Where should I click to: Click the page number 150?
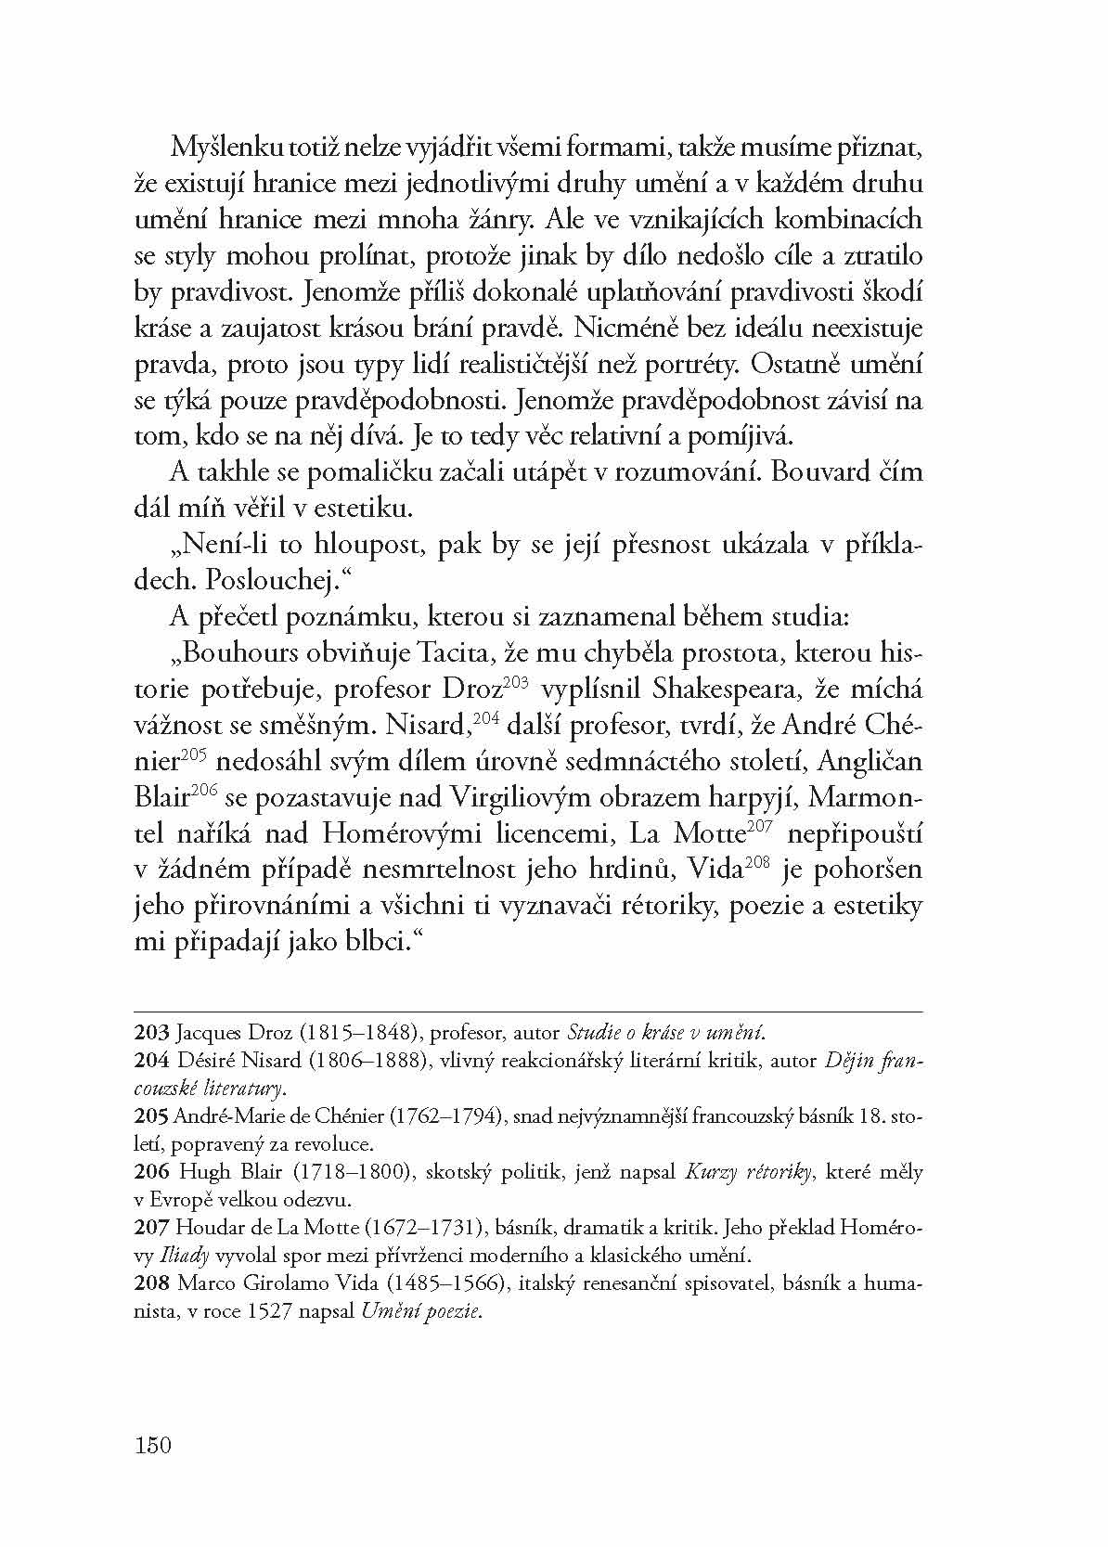click(153, 1445)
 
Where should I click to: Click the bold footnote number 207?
click(151, 1227)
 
